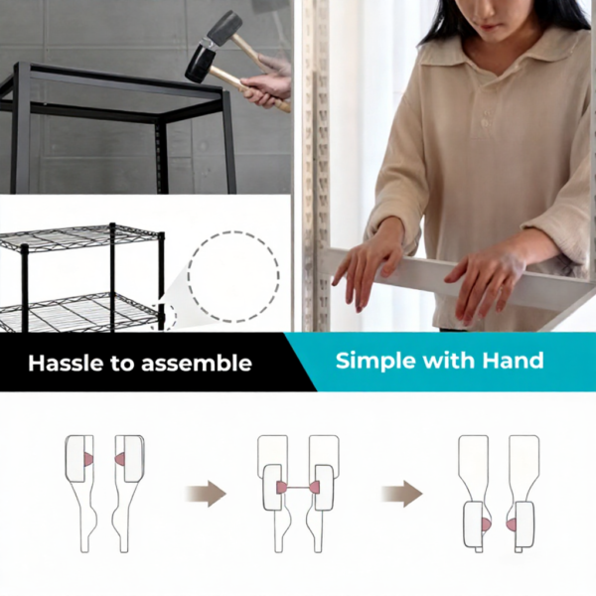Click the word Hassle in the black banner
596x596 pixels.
[65, 363]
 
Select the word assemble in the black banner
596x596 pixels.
[200, 363]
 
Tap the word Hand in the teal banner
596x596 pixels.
[513, 360]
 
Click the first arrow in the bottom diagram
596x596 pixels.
[206, 494]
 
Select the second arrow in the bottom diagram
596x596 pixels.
[402, 494]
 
